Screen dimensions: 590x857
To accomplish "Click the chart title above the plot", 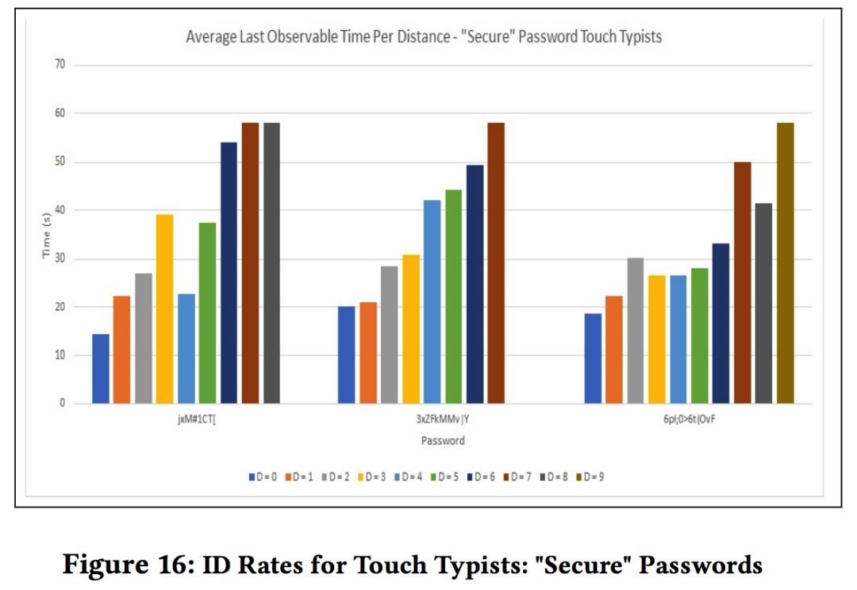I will click(423, 36).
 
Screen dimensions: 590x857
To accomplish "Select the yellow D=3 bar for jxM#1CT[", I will click(165, 309).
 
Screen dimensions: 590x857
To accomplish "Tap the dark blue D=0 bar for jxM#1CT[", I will click(101, 369).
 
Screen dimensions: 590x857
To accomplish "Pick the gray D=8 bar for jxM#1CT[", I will click(271, 263).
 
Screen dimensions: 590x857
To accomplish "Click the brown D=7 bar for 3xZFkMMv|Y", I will click(496, 263).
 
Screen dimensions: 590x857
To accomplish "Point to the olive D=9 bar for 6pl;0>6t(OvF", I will click(785, 263).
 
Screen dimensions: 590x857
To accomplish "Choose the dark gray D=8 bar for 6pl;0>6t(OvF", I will click(763, 304).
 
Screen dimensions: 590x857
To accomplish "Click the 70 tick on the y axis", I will click(59, 65).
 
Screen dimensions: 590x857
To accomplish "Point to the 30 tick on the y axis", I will click(59, 259).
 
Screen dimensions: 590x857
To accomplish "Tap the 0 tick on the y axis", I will click(62, 404).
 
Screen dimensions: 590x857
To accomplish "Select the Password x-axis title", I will click(443, 440).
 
